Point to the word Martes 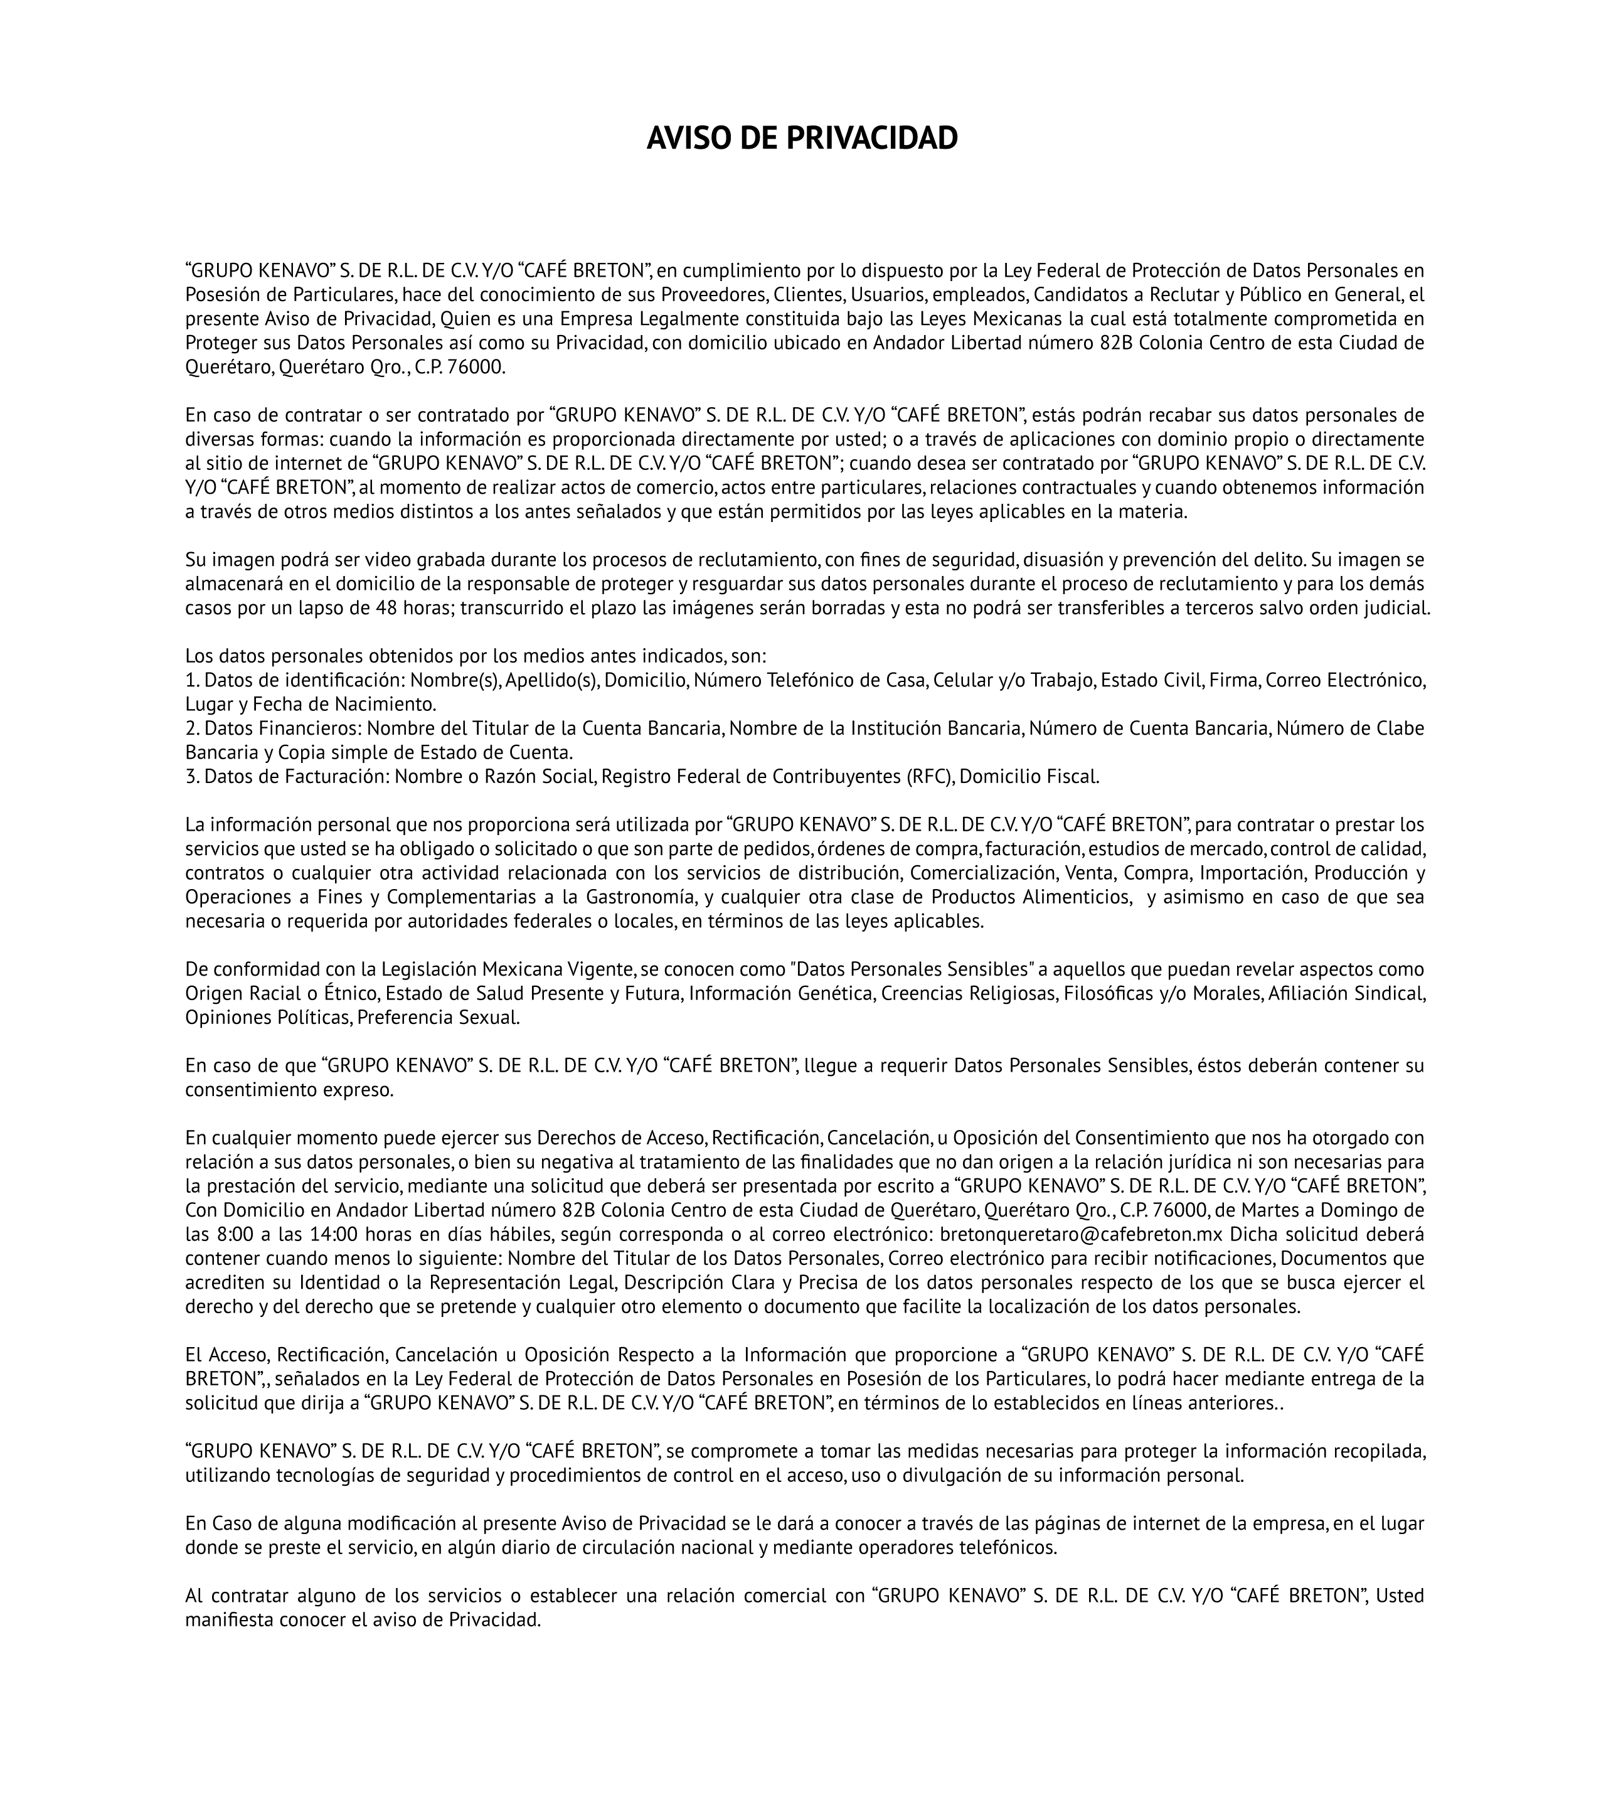pyautogui.click(x=1290, y=1210)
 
